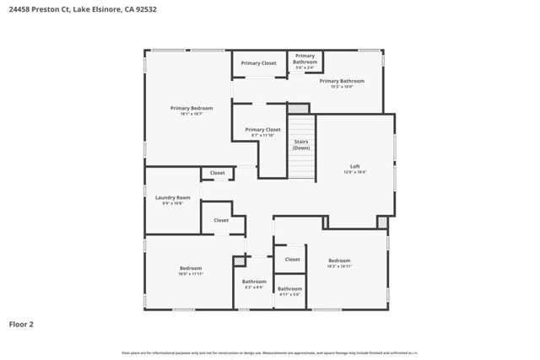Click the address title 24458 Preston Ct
pos(82,9)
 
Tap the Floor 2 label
pos(21,324)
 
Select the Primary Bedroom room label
pos(192,108)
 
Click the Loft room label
pos(355,166)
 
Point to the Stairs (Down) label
pos(301,144)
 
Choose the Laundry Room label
pos(172,197)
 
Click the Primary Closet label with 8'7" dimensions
pos(262,129)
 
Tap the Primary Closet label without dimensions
pos(258,63)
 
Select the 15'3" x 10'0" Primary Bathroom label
pos(341,81)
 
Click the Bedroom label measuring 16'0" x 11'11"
pos(190,268)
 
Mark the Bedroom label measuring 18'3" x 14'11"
pos(339,261)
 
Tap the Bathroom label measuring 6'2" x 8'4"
pos(254,282)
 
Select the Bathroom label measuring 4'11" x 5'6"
pos(289,289)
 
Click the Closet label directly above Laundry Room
pos(218,173)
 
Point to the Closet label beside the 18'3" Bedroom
pos(292,260)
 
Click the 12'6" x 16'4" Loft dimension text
pos(355,172)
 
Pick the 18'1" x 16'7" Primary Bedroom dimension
pos(192,114)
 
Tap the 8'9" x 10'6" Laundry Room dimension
pos(172,203)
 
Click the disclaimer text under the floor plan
pos(270,352)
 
